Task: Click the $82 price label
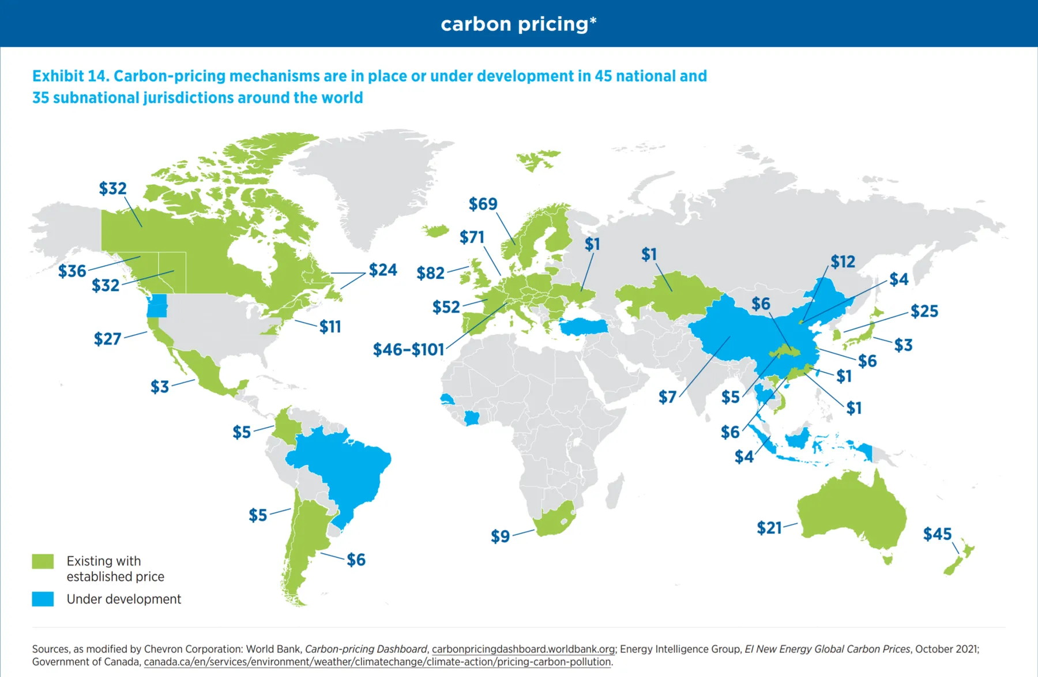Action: (430, 273)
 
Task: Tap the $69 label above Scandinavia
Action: (483, 204)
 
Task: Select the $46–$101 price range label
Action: (408, 350)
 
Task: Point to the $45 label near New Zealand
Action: (937, 534)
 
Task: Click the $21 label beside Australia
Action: (769, 528)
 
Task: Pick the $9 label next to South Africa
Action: (500, 536)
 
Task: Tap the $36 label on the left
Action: (72, 271)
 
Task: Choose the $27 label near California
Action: (107, 339)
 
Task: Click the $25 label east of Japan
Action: (924, 312)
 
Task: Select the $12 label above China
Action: (843, 262)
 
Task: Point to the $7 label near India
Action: (667, 397)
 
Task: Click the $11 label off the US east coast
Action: (330, 327)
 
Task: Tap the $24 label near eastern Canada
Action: (383, 270)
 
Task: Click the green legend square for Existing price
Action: (43, 561)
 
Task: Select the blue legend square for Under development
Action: (43, 599)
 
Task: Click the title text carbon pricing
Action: (518, 24)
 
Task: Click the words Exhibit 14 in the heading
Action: (70, 76)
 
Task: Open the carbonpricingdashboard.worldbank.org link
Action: (523, 649)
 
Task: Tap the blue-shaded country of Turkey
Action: (584, 327)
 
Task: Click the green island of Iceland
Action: (436, 231)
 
